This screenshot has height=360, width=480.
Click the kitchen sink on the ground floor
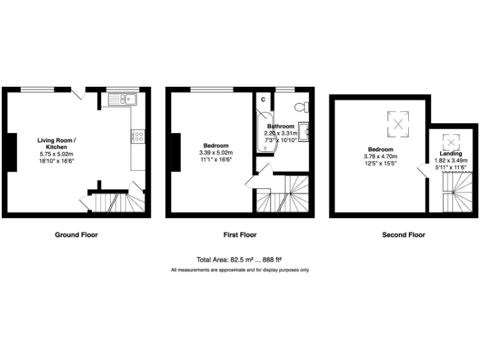(x=121, y=98)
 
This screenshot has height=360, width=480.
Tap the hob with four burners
(x=138, y=135)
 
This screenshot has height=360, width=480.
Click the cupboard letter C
(x=263, y=99)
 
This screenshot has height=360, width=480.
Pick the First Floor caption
(x=240, y=235)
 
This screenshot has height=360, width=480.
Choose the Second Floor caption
(x=404, y=235)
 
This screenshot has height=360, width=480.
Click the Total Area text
(x=240, y=259)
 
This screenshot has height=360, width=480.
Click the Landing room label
(x=450, y=154)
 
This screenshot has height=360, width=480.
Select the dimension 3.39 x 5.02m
(x=214, y=152)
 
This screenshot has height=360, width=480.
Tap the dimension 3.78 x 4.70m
(x=380, y=156)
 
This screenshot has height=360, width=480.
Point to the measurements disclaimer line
(x=240, y=270)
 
